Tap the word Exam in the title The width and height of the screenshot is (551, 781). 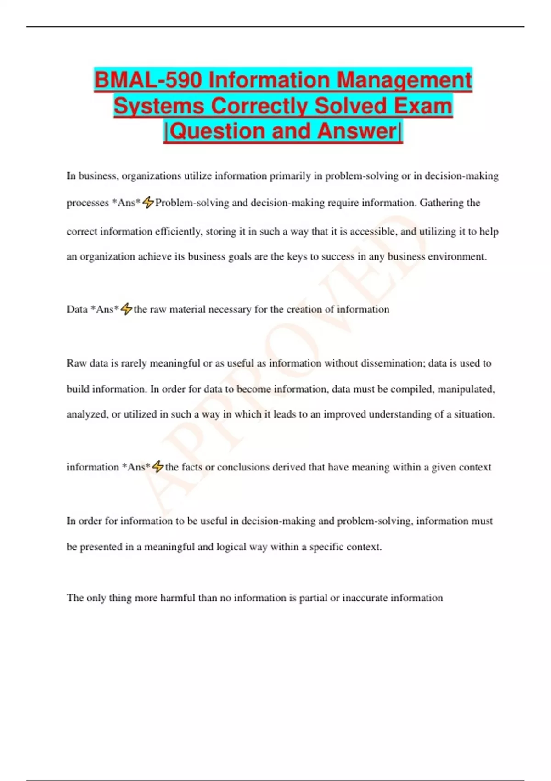423,106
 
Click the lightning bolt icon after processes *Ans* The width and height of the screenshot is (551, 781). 148,202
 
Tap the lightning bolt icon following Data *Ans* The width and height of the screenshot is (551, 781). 126,309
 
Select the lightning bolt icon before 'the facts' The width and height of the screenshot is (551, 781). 157,467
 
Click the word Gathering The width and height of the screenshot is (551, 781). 441,203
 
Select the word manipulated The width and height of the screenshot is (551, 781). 466,389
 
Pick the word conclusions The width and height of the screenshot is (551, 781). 243,467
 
